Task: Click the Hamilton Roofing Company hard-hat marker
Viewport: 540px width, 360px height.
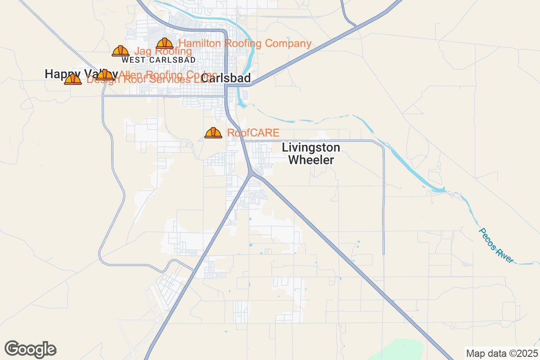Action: pos(165,44)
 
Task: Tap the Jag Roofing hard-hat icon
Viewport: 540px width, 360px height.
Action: pos(121,51)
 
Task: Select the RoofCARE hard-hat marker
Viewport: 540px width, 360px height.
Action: pos(213,133)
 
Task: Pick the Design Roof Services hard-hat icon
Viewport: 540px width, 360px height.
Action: pos(73,80)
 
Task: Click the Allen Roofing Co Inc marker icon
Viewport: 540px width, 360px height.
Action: pos(105,75)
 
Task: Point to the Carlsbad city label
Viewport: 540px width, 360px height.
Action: pos(226,78)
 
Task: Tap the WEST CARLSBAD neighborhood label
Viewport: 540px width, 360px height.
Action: pos(158,60)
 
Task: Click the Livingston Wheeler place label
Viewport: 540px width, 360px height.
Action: pos(311,153)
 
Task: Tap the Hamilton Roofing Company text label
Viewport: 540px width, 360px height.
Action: pos(245,44)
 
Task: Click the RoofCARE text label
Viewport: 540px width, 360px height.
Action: pos(253,133)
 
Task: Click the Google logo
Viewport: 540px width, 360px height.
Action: pos(31,349)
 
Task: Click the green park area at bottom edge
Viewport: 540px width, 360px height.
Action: pos(396,351)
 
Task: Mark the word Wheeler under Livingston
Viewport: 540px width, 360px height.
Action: pos(311,160)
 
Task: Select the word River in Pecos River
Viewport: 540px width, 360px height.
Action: pos(504,255)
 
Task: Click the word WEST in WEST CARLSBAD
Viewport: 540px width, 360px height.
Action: pos(133,60)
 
